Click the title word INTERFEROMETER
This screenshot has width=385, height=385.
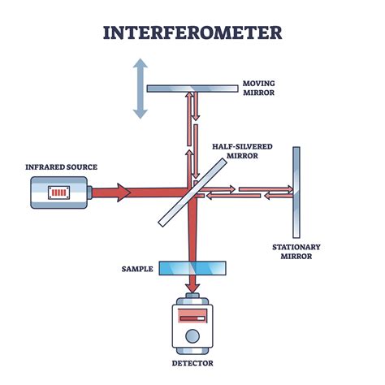coord(192,32)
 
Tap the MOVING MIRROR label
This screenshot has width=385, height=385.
coord(259,88)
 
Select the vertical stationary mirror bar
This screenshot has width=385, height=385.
coord(296,192)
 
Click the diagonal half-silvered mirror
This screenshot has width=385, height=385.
coord(192,192)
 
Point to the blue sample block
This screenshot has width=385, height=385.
coord(192,267)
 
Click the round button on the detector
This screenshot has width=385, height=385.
coord(192,335)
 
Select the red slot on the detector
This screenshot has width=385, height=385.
coord(192,314)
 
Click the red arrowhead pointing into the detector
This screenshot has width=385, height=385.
coord(192,286)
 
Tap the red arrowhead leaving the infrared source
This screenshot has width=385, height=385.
coord(121,192)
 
